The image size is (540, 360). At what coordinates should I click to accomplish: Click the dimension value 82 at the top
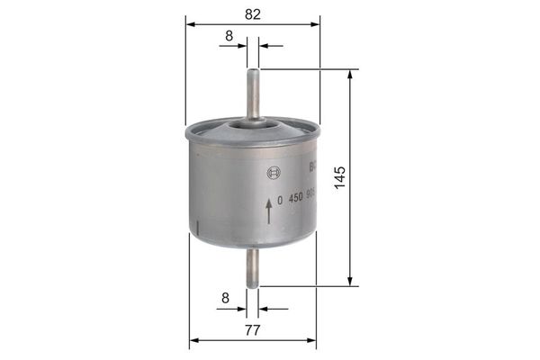pos(252,13)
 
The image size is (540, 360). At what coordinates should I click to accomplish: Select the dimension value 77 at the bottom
pos(252,330)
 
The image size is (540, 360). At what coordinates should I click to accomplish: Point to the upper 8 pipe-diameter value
pos(229,35)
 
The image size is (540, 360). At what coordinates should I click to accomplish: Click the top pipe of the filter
pos(253,90)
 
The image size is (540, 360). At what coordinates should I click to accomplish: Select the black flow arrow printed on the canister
pos(268,211)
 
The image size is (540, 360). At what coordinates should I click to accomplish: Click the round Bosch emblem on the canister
pos(267,172)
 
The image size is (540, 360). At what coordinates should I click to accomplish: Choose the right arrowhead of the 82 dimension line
pos(315,25)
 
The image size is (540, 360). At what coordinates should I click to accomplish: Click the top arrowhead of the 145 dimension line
pos(348,74)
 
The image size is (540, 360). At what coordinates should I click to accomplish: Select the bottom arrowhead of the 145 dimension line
pos(348,281)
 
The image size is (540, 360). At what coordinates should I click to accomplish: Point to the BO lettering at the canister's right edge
pos(312,166)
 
